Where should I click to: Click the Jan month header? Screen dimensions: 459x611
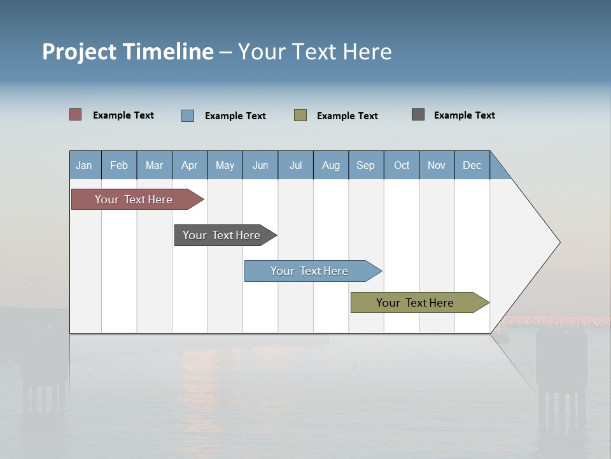[x=84, y=165]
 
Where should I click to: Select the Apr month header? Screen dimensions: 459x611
[x=189, y=165]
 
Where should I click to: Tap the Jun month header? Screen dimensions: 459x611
[x=260, y=165]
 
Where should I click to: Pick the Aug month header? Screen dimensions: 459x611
[x=330, y=165]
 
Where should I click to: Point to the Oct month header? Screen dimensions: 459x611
[x=401, y=165]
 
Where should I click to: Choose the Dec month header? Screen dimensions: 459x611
[x=472, y=165]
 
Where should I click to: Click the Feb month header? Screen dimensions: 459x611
[x=119, y=165]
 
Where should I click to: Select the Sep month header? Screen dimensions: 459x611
[x=365, y=165]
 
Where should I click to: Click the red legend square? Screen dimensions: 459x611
[x=76, y=115]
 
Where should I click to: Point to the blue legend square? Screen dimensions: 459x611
[x=188, y=115]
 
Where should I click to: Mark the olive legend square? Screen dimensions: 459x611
[x=300, y=115]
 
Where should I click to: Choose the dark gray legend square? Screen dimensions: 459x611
[x=418, y=115]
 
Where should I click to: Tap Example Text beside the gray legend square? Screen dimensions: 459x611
[x=464, y=115]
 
